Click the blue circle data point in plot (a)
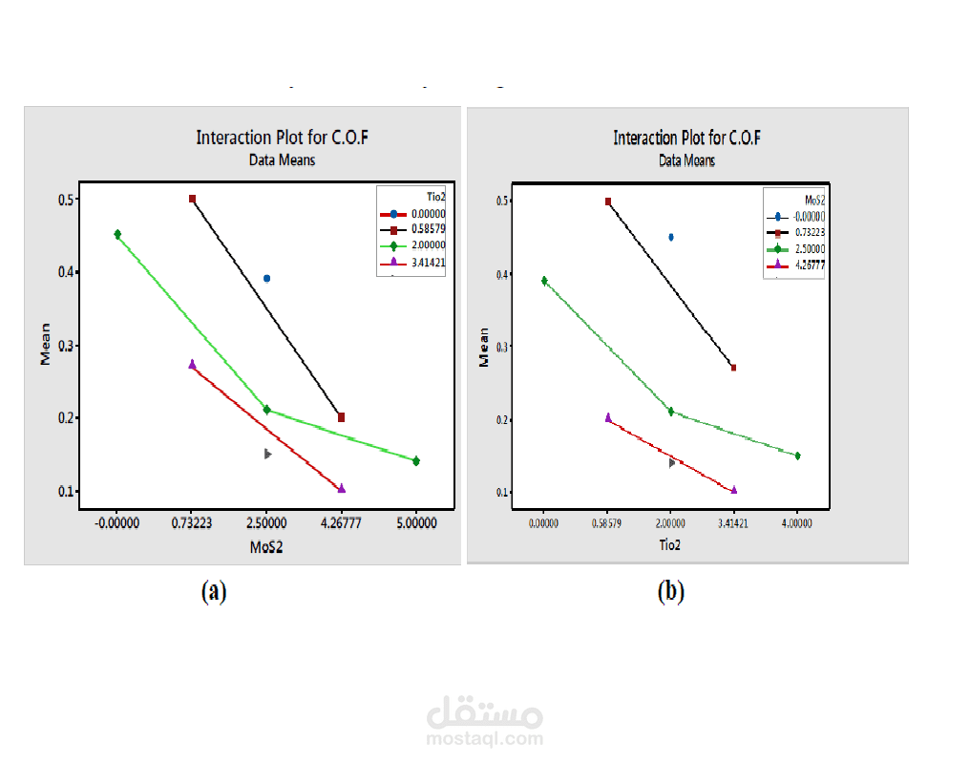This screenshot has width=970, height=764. (267, 279)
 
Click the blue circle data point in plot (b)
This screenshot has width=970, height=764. (671, 237)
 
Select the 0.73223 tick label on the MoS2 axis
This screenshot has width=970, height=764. (192, 523)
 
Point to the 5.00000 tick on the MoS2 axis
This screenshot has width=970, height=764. (416, 523)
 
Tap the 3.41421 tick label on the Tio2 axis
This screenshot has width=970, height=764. (733, 523)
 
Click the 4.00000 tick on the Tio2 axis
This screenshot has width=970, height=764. (797, 523)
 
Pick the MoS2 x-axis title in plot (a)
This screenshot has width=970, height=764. (266, 549)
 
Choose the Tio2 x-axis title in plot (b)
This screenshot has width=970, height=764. (670, 545)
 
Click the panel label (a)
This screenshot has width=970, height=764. (214, 592)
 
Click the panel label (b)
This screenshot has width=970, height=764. (671, 592)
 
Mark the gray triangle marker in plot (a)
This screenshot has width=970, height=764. (268, 455)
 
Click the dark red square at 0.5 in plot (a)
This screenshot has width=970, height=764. (192, 199)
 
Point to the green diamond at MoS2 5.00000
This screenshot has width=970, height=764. (416, 461)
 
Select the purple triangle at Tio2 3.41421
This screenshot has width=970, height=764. (733, 490)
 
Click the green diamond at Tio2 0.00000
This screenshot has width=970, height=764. (544, 281)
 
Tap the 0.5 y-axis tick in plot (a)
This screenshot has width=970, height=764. (67, 200)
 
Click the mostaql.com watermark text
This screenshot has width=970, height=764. (485, 738)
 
